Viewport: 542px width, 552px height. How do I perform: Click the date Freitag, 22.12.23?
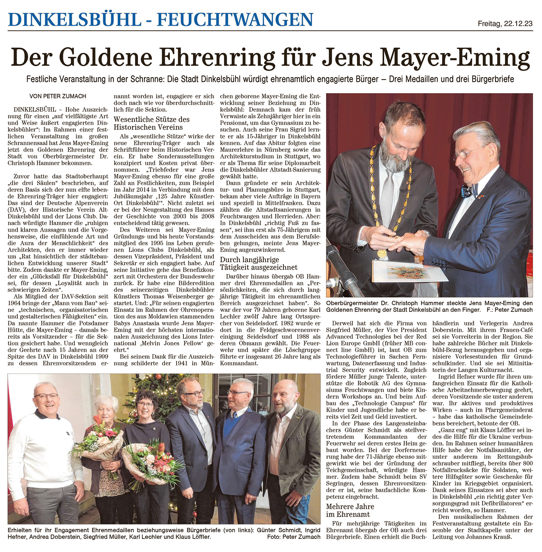pos(505,23)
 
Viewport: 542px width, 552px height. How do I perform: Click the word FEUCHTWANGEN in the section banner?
pos(235,20)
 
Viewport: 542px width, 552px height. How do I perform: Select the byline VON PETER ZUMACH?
pos(58,97)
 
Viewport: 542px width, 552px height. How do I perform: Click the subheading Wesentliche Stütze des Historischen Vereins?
pos(152,123)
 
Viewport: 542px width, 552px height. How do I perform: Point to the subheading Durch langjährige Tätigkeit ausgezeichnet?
pos(258,263)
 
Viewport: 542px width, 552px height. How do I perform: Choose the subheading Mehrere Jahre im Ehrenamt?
pos(350,510)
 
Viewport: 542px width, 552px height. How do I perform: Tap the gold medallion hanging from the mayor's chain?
pos(381,254)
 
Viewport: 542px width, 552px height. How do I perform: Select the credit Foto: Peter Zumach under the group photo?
pos(294,537)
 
